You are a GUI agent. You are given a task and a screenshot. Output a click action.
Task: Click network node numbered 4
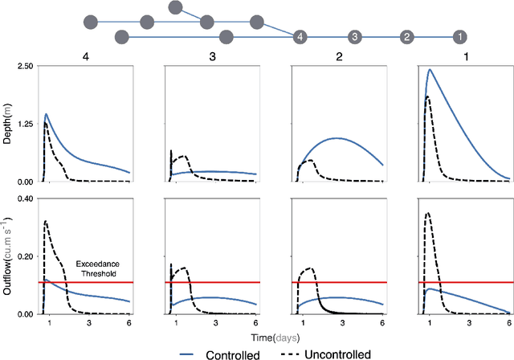coord(300,37)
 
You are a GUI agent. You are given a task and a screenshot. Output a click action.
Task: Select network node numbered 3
coord(354,37)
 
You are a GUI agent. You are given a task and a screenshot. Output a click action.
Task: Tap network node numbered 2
coord(406,37)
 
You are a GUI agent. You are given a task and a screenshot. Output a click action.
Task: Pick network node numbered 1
coord(459,37)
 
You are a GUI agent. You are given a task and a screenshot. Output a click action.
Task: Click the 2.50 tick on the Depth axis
coord(22,66)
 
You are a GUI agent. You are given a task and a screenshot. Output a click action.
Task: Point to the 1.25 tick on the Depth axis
coord(22,124)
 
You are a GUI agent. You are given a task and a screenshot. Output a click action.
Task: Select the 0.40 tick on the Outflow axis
coord(22,198)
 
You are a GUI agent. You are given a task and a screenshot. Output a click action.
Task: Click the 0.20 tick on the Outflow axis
coord(22,256)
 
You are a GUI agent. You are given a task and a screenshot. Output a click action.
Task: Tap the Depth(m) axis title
coord(7,124)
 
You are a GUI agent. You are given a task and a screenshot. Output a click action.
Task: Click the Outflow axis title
coord(7,256)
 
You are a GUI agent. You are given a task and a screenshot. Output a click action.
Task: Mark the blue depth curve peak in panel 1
coord(430,69)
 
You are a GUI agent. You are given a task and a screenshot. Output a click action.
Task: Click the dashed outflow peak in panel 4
coord(46,221)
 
